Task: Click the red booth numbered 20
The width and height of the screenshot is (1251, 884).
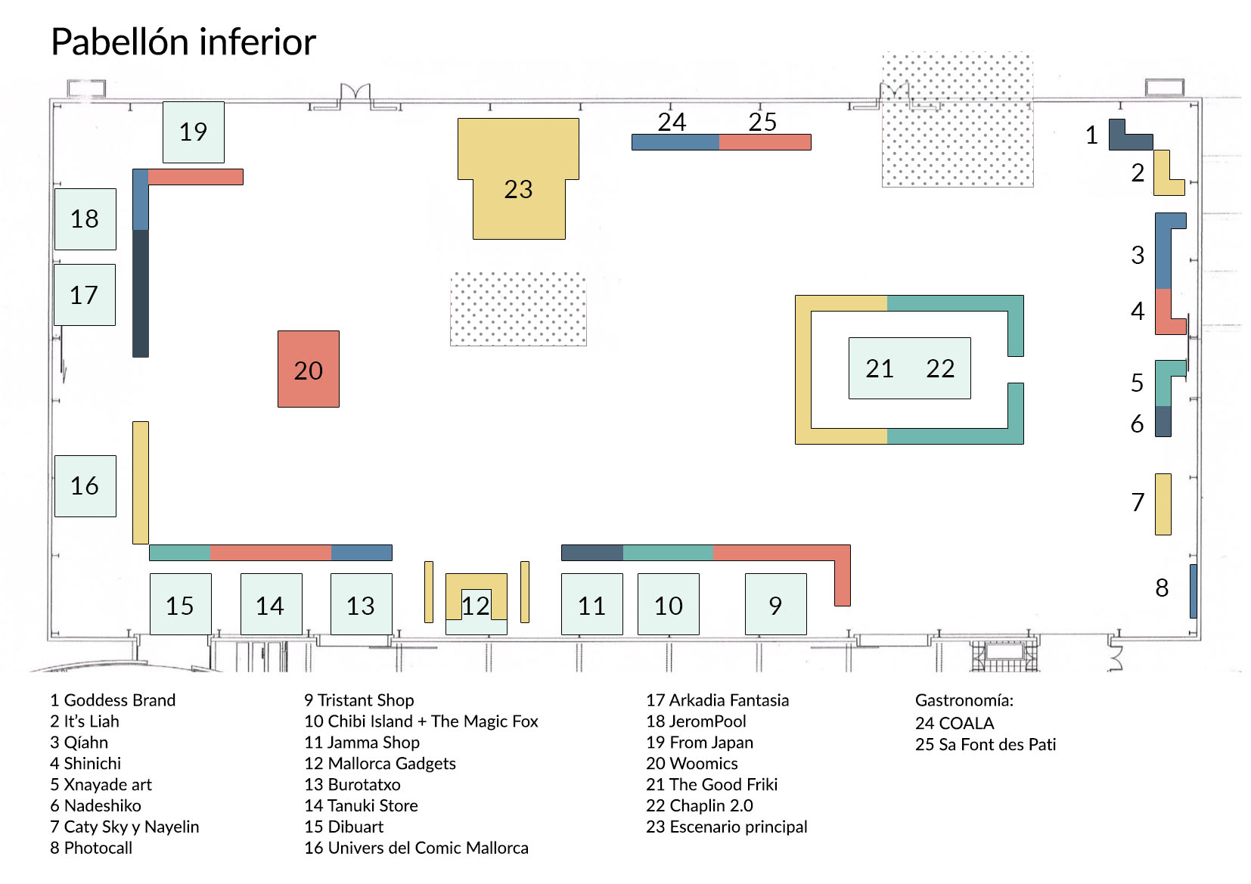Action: [x=308, y=369]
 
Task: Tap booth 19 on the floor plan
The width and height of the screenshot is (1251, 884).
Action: [x=194, y=132]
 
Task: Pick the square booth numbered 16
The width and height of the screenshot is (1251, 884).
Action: [x=85, y=486]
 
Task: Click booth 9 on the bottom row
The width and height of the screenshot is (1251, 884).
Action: [x=775, y=604]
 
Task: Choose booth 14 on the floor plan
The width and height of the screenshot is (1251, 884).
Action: [x=271, y=604]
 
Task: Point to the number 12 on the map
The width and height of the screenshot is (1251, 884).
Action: [x=475, y=606]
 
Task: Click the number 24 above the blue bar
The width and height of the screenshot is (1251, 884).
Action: [x=672, y=122]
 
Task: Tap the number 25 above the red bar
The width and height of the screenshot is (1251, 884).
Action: [x=762, y=122]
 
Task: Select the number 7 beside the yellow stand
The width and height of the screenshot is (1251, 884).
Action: [x=1138, y=502]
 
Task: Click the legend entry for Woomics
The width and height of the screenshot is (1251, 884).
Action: [x=691, y=764]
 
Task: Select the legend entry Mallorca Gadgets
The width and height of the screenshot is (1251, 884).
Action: [x=380, y=764]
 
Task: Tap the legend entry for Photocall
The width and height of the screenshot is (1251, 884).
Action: [x=91, y=848]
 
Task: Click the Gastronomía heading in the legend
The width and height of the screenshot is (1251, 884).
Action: [x=964, y=700]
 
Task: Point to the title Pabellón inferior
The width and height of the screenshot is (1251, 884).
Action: [x=183, y=42]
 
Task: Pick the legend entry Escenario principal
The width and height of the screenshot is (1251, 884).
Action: [x=726, y=827]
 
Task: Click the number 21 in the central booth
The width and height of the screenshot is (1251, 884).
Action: [x=880, y=368]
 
